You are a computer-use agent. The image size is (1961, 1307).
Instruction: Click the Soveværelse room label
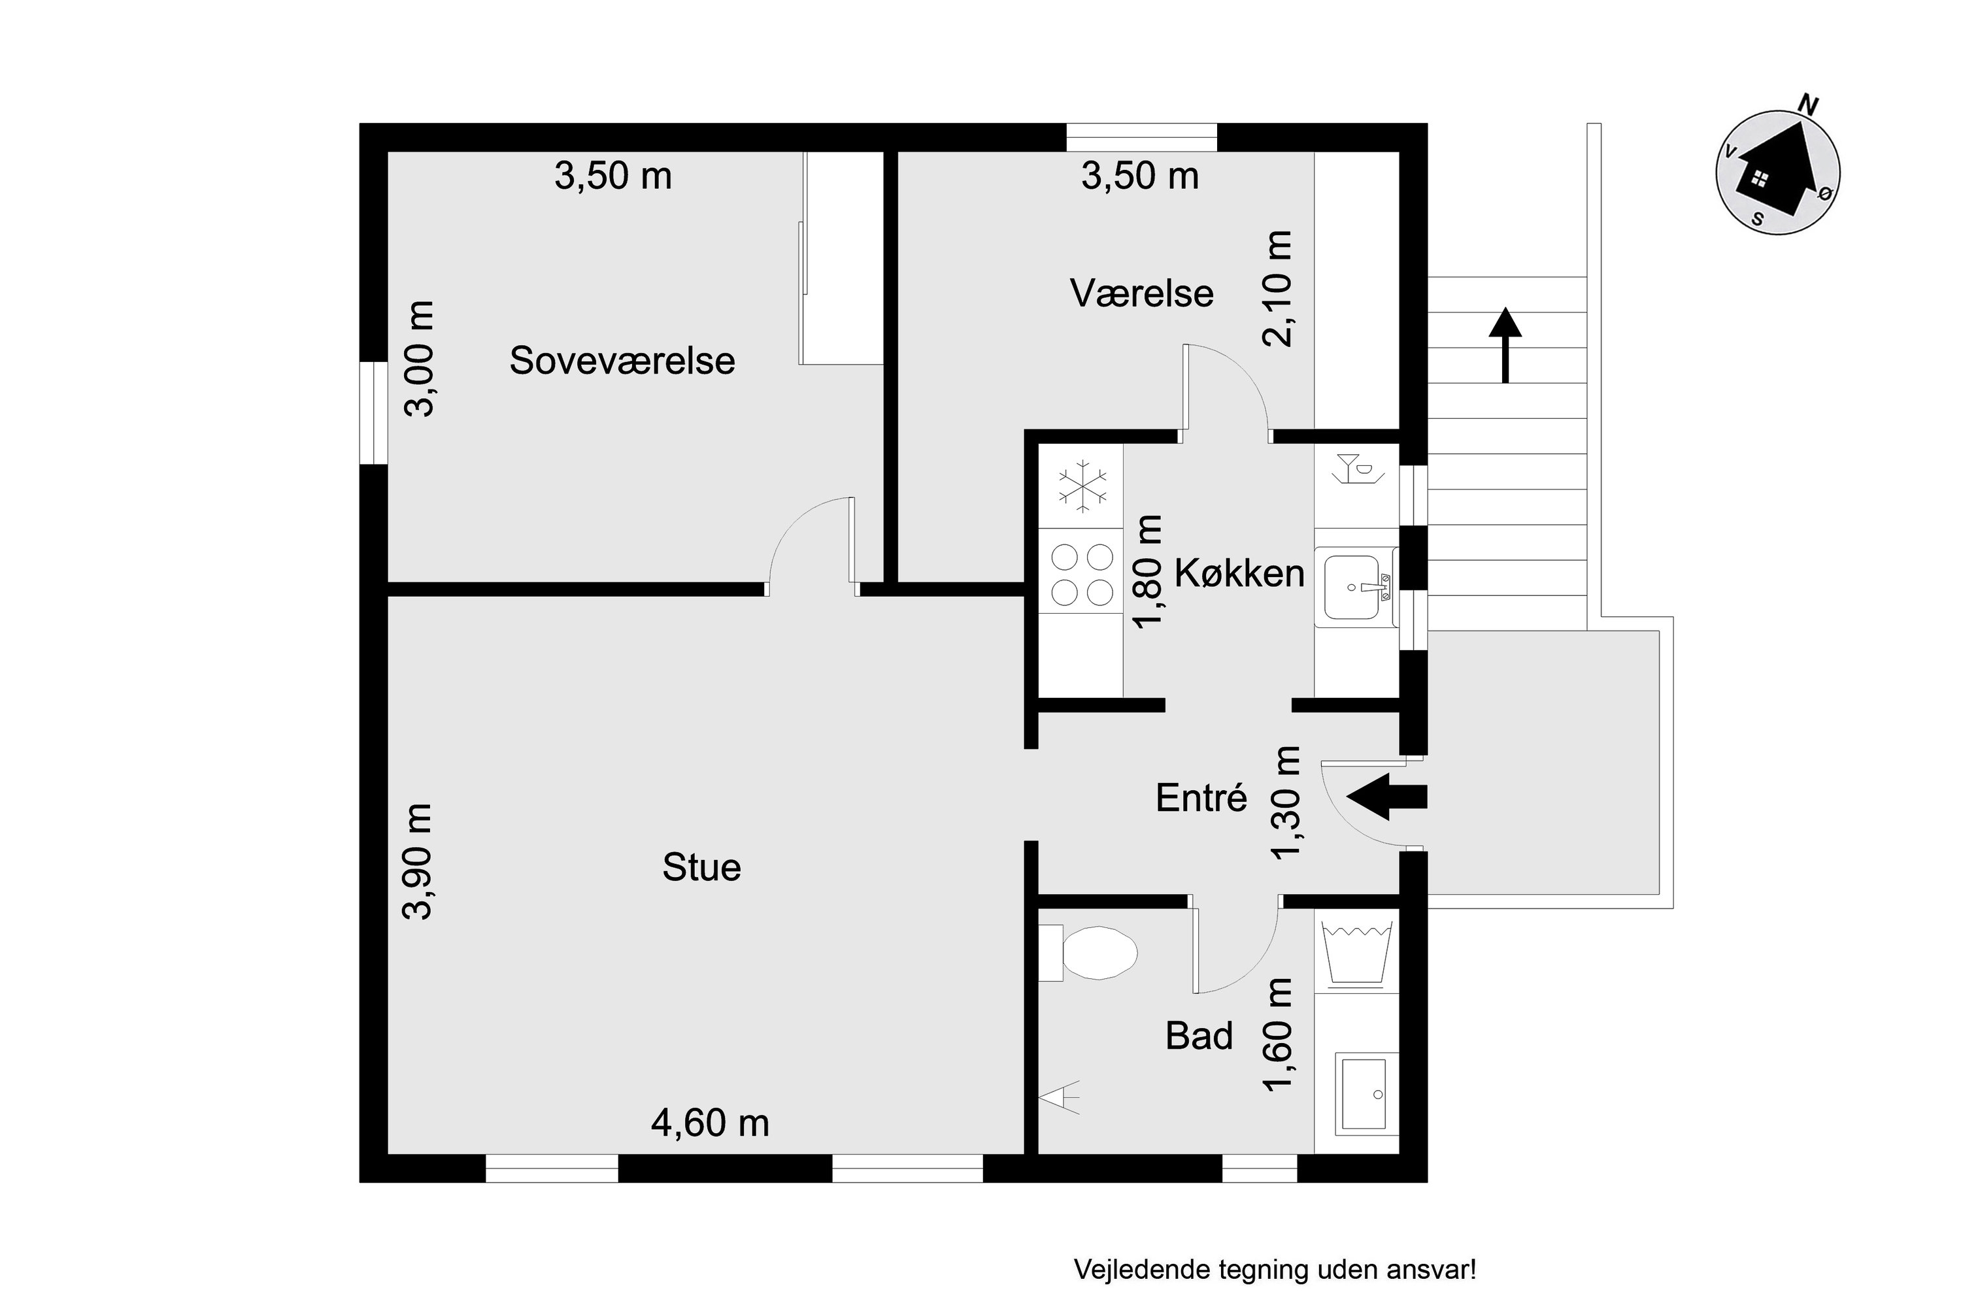[622, 361]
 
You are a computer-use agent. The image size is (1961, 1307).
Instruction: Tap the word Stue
[701, 868]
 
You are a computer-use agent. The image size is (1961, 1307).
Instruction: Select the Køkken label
[1239, 574]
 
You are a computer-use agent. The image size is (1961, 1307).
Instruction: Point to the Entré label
[1201, 798]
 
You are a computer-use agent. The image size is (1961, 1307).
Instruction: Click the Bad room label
[1199, 1036]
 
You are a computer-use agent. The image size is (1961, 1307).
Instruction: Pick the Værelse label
[1141, 293]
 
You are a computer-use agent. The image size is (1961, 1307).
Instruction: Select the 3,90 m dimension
[418, 862]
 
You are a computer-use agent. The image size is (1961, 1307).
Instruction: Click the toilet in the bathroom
[1089, 953]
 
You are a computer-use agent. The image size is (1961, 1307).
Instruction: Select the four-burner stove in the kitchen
[1081, 574]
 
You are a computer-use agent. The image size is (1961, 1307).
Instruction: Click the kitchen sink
[1355, 587]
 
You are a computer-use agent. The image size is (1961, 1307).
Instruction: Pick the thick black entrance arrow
[1386, 797]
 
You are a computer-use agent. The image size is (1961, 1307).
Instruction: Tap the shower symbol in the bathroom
[1060, 1098]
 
